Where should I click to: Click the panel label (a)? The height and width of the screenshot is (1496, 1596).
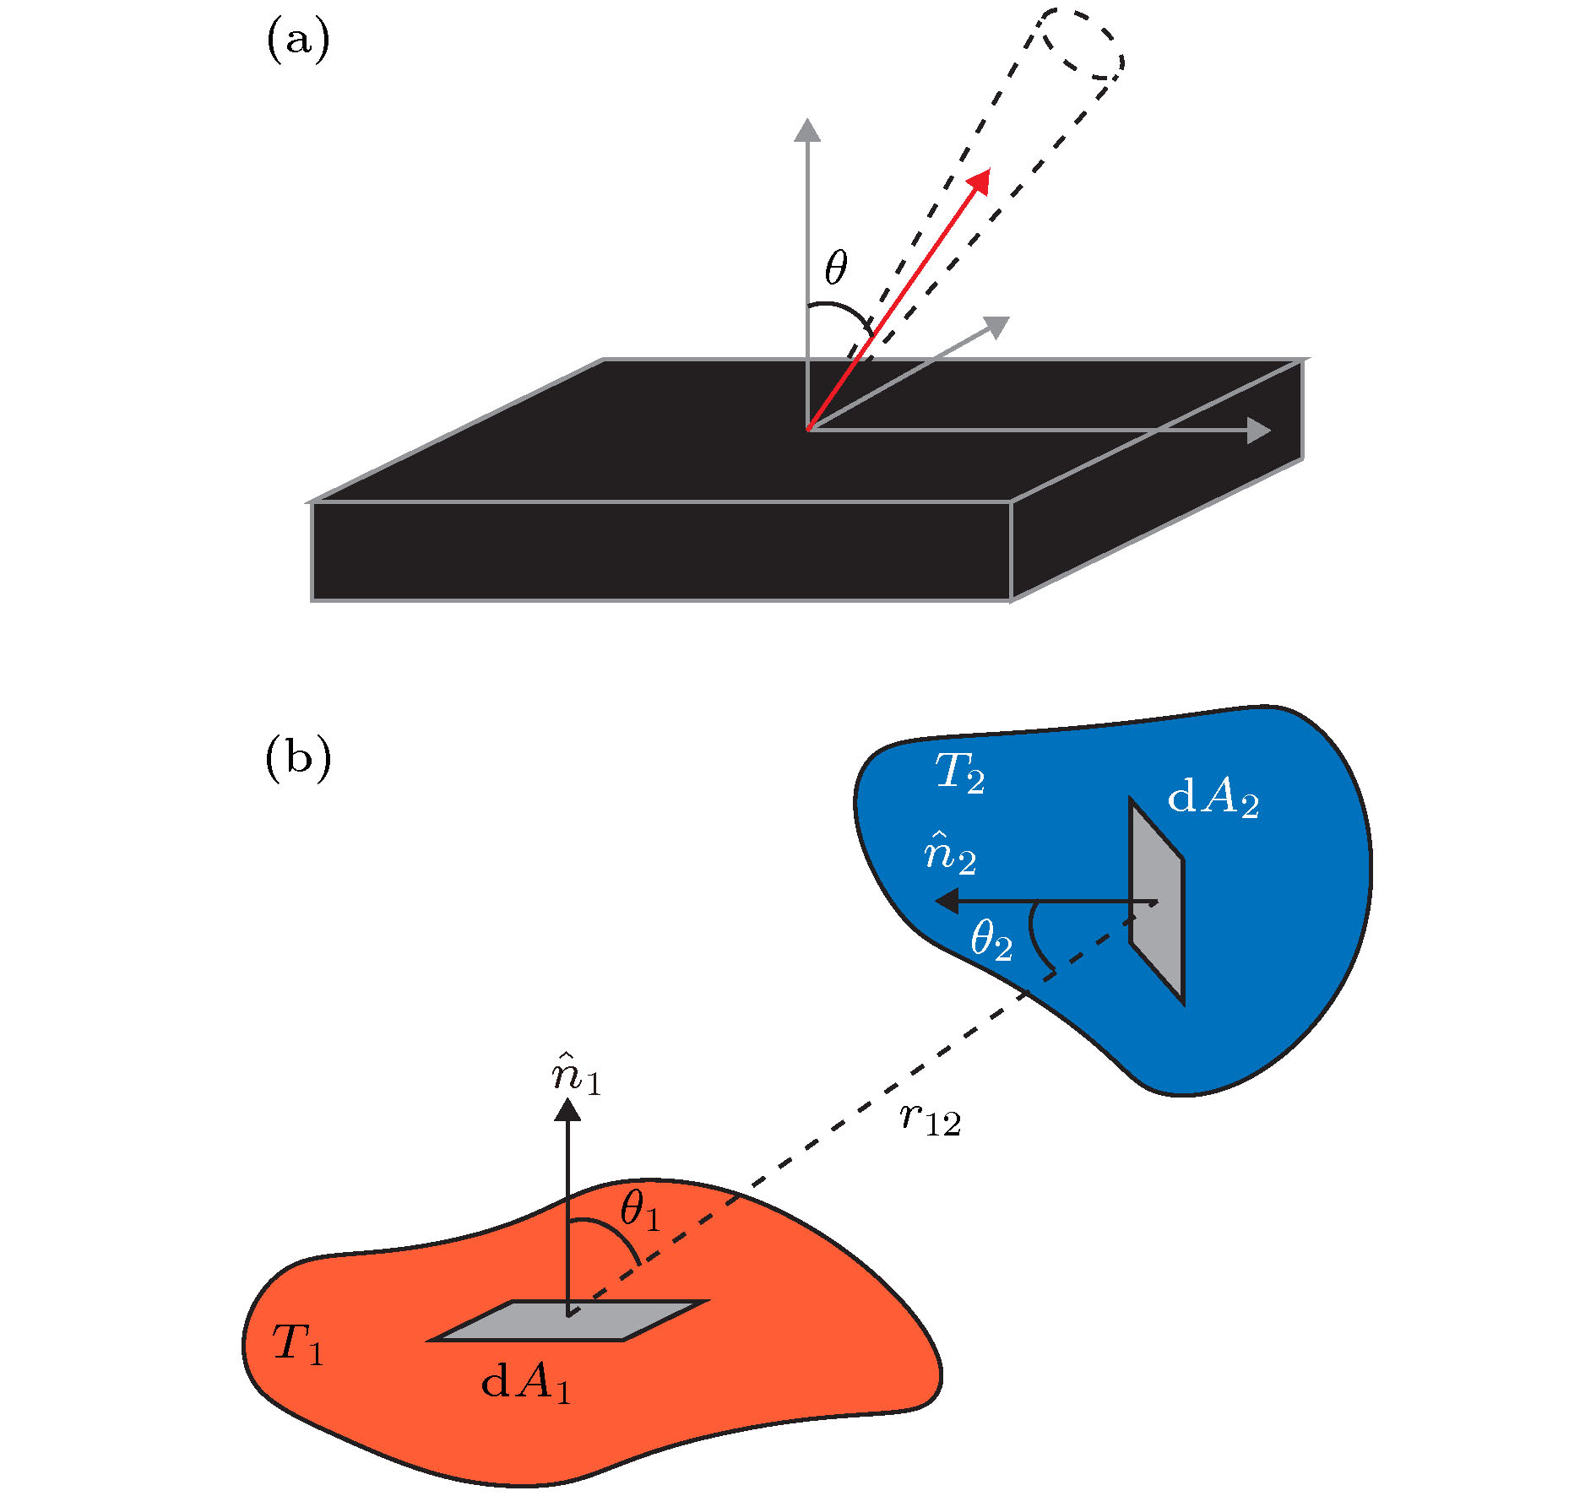point(297,40)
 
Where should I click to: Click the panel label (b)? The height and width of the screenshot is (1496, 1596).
point(297,757)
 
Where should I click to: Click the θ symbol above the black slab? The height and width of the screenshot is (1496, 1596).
point(835,268)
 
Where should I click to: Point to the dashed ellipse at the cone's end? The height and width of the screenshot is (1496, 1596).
point(1080,44)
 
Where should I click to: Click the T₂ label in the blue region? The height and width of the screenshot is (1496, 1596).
point(958,772)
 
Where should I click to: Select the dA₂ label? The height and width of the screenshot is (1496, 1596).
point(1212,797)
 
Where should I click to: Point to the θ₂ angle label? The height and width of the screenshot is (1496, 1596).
point(991,940)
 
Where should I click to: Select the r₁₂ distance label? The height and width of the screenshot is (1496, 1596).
point(930,1119)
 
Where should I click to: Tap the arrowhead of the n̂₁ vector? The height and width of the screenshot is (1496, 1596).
point(567,1108)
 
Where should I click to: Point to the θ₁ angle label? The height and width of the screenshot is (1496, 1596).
point(639,1211)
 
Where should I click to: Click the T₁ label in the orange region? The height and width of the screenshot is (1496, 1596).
point(296,1343)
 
